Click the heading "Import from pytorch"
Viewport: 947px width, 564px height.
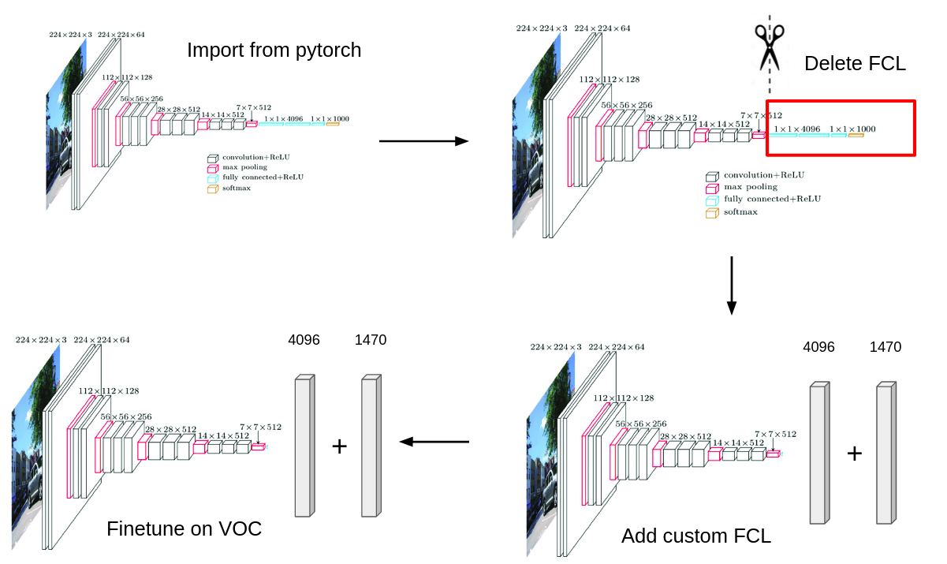274,50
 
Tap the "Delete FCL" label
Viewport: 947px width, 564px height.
855,64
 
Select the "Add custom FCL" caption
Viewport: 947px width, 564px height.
695,536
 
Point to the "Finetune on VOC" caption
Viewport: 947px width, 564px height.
184,529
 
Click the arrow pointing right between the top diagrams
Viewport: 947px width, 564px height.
423,141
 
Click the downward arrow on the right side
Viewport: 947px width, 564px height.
731,285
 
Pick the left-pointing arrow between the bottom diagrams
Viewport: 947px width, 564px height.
434,442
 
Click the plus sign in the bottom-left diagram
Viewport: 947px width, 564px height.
339,446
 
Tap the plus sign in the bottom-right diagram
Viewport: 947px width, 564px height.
854,454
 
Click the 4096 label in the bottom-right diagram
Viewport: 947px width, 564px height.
818,347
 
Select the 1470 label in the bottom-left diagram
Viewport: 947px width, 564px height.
371,340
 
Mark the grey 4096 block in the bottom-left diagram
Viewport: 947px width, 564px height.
304,446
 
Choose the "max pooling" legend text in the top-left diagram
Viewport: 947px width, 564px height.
246,167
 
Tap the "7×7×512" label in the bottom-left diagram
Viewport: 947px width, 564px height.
260,427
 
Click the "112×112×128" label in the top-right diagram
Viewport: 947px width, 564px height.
609,80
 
